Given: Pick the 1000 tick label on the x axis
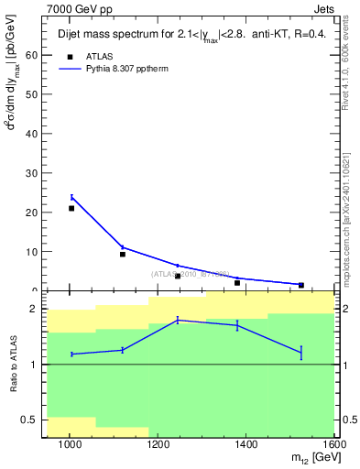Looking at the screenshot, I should (x=71, y=444).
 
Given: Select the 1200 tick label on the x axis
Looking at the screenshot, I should (x=158, y=444).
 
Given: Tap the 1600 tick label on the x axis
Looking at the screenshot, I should (x=333, y=444).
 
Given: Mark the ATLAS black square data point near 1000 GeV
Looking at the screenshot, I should (x=71, y=208).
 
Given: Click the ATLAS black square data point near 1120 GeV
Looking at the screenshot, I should (x=123, y=254).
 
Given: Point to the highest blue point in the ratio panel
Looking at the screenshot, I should (x=178, y=320).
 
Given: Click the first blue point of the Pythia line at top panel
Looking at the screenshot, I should (x=71, y=197).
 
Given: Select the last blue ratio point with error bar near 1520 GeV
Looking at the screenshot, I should (x=300, y=352).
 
